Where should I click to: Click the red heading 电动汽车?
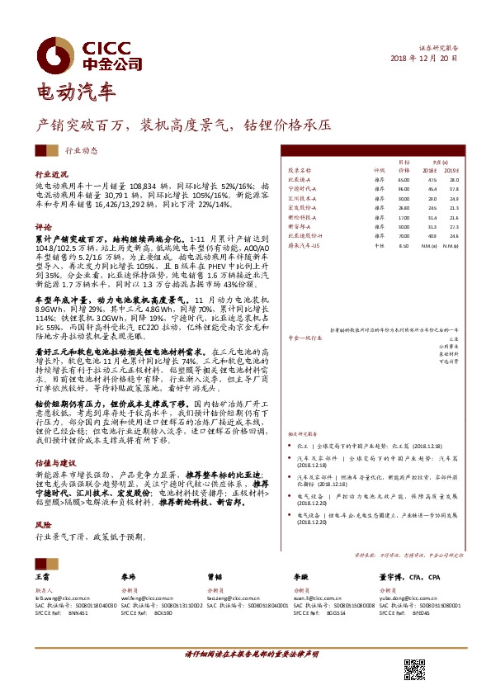pyautogui.click(x=77, y=90)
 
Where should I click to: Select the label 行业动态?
pyautogui.click(x=81, y=151)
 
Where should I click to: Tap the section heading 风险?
pyautogui.click(x=42, y=523)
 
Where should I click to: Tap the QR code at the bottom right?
pyautogui.click(x=414, y=671)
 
